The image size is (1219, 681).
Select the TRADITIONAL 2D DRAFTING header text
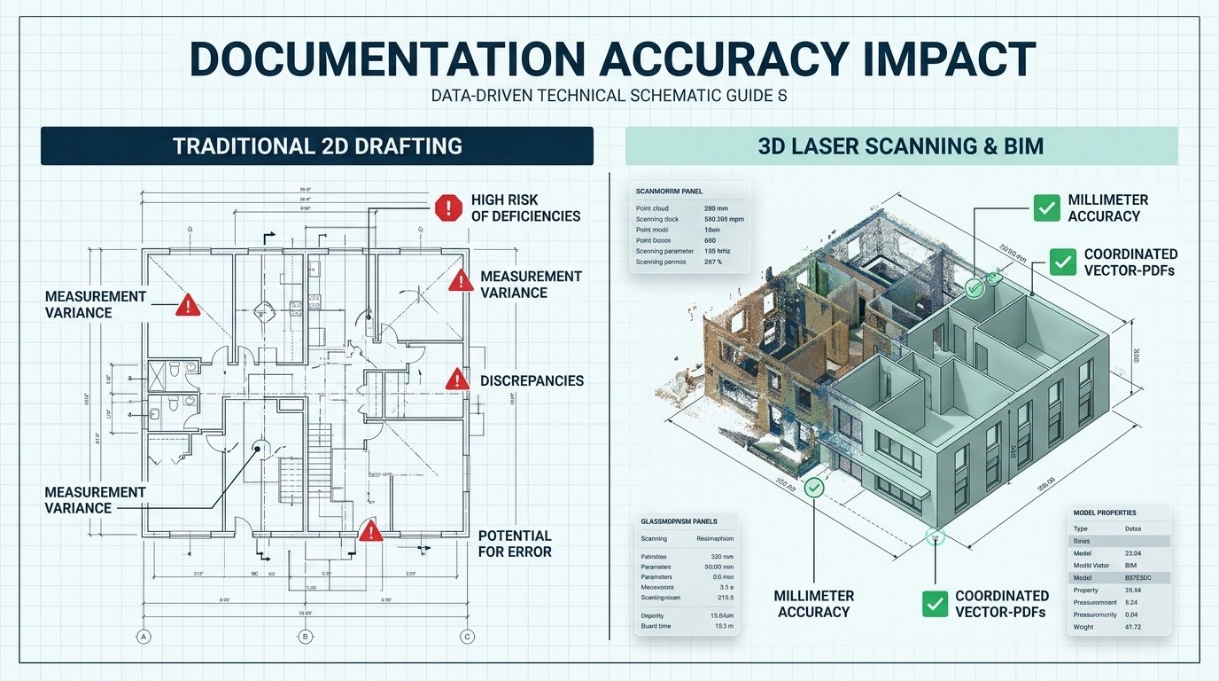[x=317, y=145]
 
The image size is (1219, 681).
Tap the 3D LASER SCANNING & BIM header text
[x=901, y=145]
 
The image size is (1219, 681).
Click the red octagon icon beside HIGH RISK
[x=448, y=208]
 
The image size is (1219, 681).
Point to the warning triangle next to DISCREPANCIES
[x=456, y=380]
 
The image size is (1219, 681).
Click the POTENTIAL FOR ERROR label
[x=515, y=544]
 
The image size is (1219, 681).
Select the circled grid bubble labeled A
[x=143, y=636]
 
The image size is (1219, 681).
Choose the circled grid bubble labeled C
[x=467, y=636]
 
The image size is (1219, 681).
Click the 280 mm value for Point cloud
[x=716, y=208]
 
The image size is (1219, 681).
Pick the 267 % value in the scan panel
[x=713, y=262]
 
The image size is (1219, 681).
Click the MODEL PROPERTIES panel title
[x=1104, y=513]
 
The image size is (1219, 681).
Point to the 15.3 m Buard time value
[x=725, y=627]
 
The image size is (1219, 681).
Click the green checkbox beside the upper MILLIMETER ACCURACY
[x=1047, y=208]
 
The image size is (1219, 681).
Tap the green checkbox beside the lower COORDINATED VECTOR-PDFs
[x=935, y=604]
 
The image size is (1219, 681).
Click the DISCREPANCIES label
[x=532, y=380]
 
